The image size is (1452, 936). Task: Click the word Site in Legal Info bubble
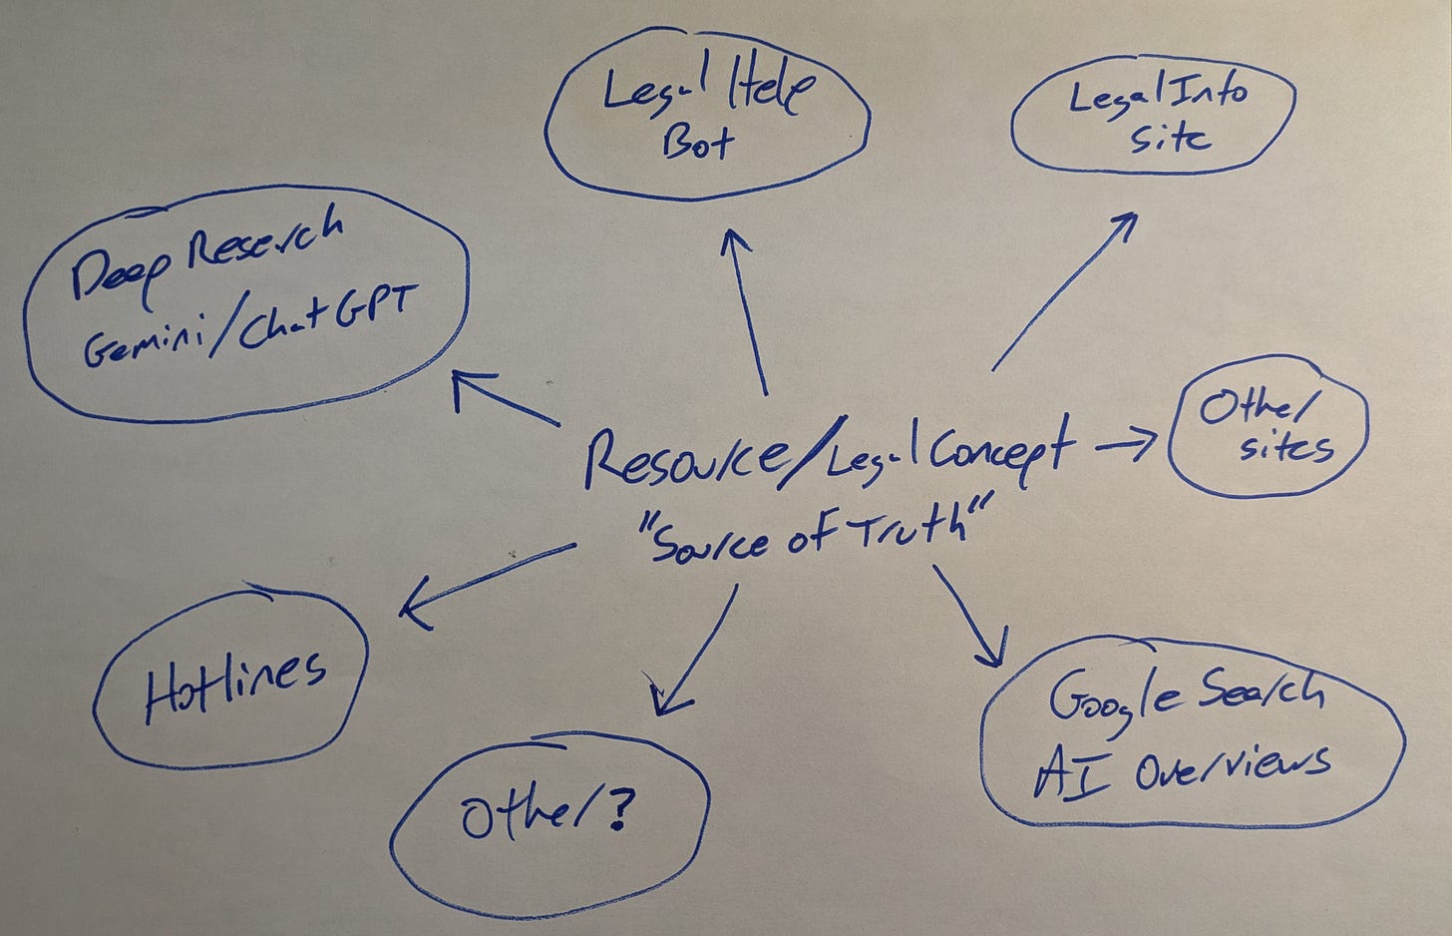point(1170,137)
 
